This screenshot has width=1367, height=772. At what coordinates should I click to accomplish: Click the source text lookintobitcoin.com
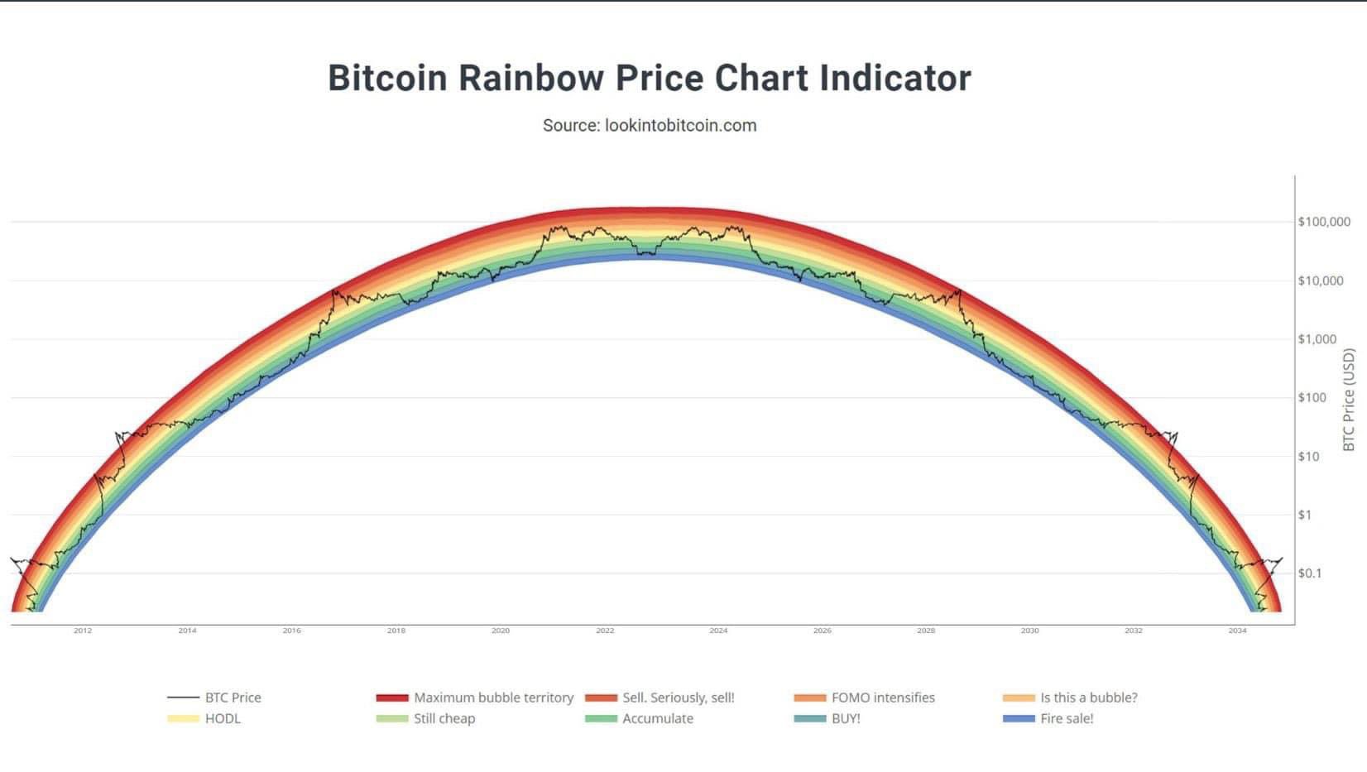tap(680, 126)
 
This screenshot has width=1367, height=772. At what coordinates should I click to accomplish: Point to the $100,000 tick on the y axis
tap(1323, 222)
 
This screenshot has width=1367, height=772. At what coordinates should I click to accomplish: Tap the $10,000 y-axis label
tap(1320, 281)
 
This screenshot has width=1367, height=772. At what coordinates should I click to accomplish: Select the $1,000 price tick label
tap(1317, 339)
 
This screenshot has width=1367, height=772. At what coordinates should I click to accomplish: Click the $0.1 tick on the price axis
tap(1309, 573)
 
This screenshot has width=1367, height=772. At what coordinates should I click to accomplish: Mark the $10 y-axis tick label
tap(1307, 457)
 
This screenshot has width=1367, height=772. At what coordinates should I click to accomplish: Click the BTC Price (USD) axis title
tap(1349, 400)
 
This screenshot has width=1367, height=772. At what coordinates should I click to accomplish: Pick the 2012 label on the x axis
tap(83, 631)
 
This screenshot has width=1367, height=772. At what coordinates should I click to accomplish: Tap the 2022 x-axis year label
tap(605, 631)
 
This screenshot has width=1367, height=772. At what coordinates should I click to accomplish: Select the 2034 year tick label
tap(1237, 631)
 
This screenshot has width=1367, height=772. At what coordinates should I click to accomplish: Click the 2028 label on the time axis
tap(926, 631)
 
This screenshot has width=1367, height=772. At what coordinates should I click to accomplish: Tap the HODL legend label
tap(223, 719)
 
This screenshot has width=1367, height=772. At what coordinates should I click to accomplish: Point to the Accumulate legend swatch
tap(601, 719)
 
